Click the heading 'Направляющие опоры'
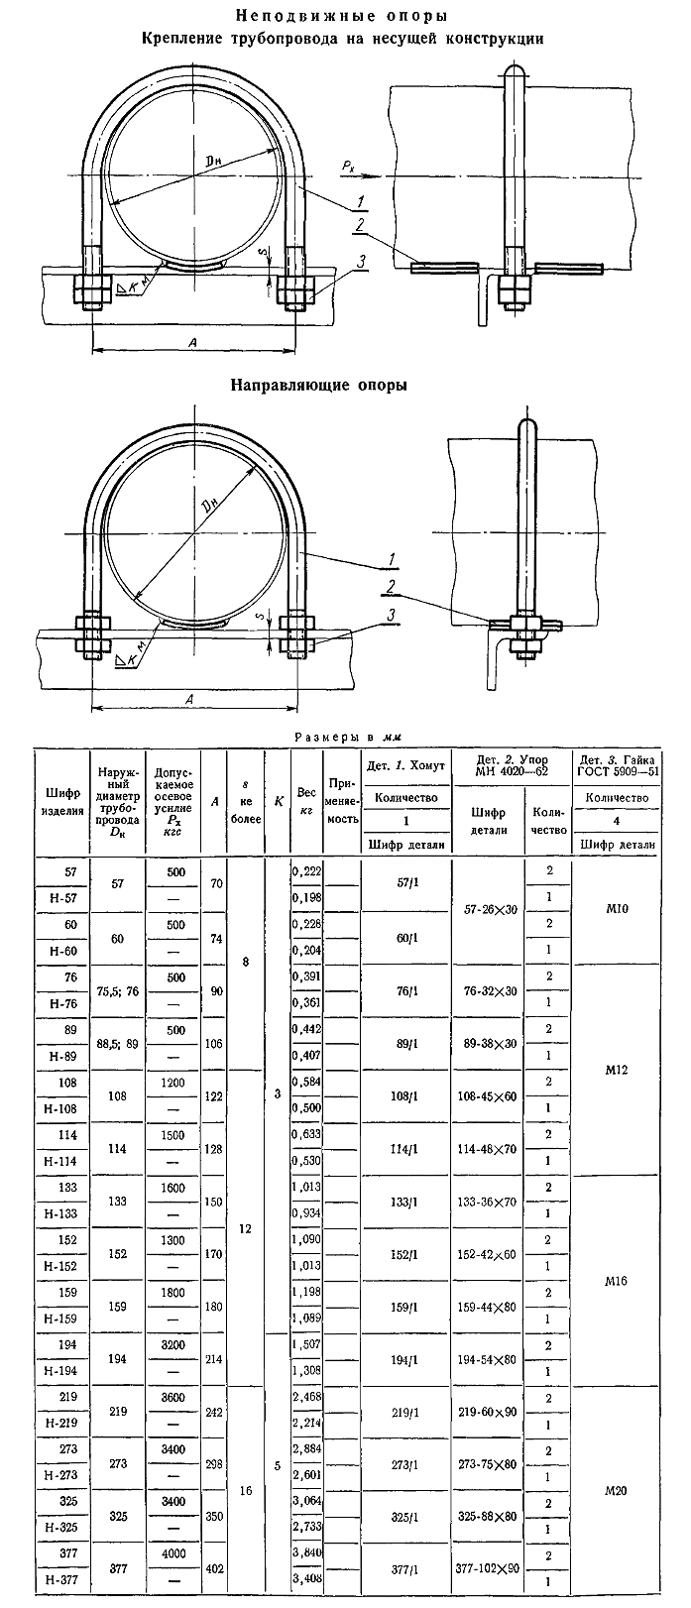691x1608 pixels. (318, 385)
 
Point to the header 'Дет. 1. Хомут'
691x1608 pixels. (406, 764)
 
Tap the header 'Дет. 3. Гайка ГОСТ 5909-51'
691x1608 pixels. (616, 764)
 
